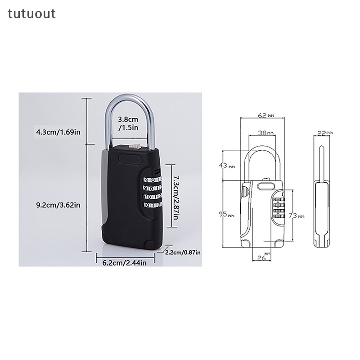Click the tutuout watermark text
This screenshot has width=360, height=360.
click(x=31, y=14)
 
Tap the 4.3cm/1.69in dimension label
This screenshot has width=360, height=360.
click(x=58, y=132)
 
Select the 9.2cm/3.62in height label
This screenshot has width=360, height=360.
click(x=58, y=205)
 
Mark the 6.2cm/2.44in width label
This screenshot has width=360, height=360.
click(x=121, y=263)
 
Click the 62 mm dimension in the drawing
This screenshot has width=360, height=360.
click(x=265, y=116)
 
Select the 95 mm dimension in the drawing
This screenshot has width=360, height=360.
click(x=227, y=215)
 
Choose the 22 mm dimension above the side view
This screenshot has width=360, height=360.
click(x=324, y=133)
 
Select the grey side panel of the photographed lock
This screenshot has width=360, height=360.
click(x=104, y=189)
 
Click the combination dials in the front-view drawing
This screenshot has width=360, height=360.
click(x=279, y=207)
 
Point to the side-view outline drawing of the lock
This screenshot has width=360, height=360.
click(x=322, y=198)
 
